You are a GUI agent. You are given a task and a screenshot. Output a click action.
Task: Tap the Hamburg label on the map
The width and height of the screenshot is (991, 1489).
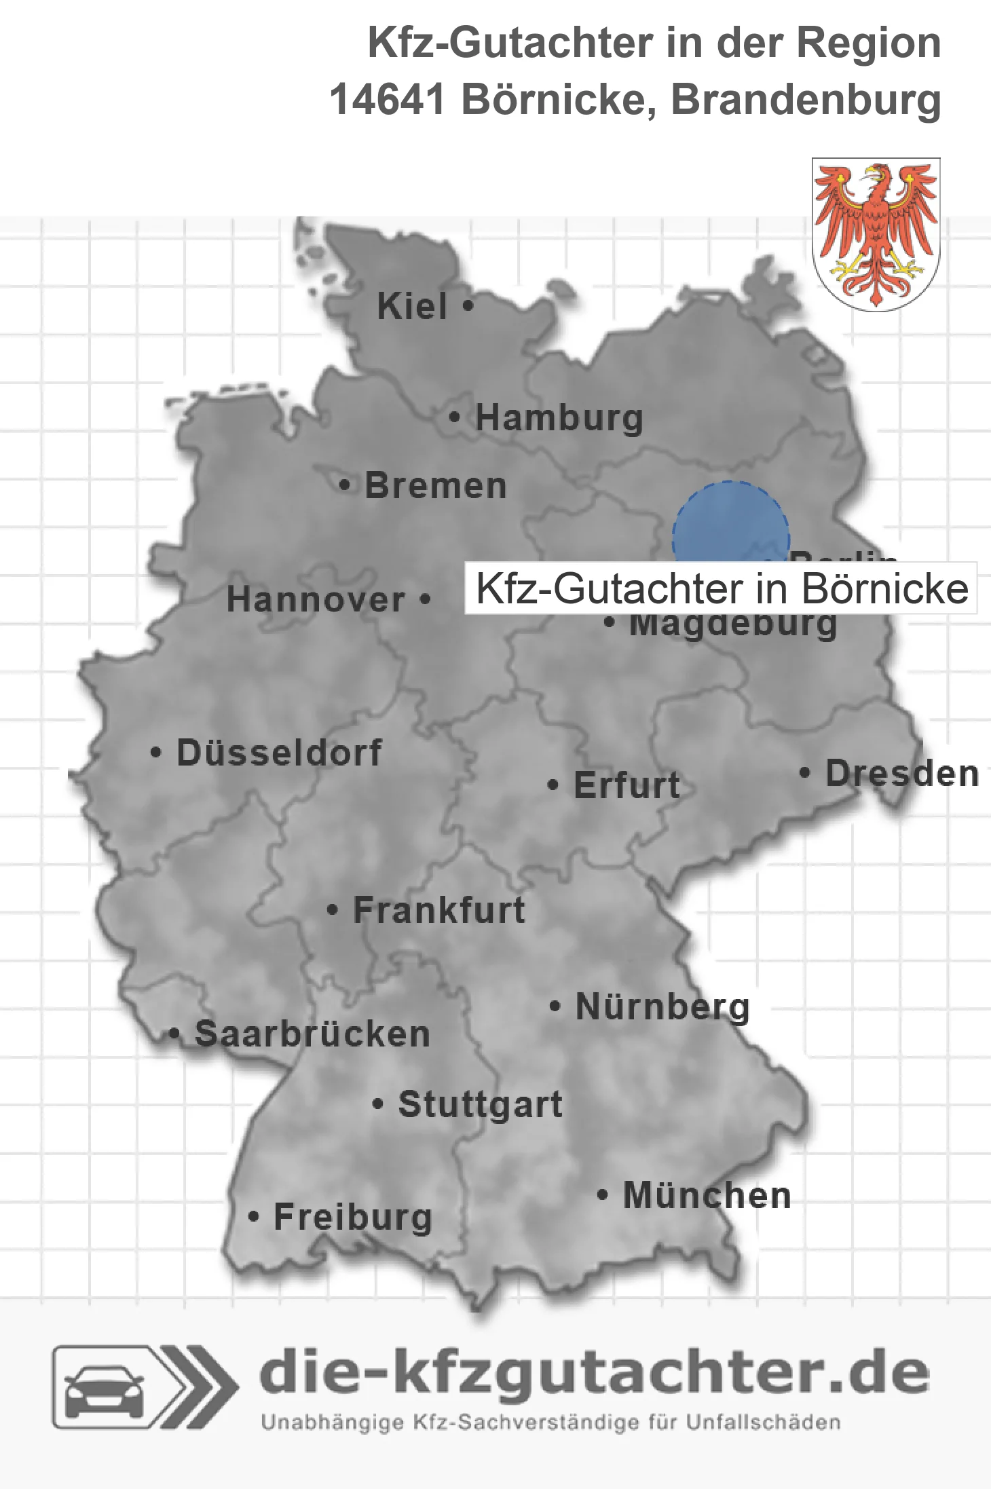pos(559,417)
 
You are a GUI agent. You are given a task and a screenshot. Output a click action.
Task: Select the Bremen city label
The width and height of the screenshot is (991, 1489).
pos(435,486)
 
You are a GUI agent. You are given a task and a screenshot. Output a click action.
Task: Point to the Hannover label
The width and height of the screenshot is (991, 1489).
pos(316,600)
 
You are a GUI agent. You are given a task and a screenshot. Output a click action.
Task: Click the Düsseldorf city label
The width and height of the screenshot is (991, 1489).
pos(279,753)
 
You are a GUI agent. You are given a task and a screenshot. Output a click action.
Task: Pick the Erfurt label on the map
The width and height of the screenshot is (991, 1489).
pos(627,785)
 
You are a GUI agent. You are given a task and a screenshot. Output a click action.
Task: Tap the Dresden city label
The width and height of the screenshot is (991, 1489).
pos(901,774)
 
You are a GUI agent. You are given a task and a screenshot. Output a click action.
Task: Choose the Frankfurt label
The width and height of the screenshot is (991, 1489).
pos(438,910)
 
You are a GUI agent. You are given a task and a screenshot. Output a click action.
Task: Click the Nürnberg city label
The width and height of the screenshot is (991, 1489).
pos(662,1006)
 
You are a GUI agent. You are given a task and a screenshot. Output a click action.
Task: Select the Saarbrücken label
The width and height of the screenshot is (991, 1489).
pos(312,1034)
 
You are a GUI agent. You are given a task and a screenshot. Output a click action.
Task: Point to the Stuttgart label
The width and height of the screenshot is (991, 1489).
pos(480,1104)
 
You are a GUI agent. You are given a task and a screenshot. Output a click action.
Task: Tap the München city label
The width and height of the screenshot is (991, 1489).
pos(707,1195)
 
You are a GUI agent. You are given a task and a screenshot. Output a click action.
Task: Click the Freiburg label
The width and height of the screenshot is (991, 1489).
pos(352,1217)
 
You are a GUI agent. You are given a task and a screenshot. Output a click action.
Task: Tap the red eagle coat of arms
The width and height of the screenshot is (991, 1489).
pos(876,234)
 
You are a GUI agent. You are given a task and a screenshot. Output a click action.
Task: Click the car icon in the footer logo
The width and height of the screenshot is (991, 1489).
pos(104,1389)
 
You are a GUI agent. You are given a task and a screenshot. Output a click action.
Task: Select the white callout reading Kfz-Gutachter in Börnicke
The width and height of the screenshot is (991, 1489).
pos(721,588)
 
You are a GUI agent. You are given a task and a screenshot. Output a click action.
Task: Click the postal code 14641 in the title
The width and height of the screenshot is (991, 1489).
pos(387,100)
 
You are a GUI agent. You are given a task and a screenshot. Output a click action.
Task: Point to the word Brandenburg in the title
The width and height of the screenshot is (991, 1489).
pos(806,100)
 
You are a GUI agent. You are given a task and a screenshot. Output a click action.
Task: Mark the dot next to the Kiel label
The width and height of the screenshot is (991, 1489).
pos(467,306)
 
